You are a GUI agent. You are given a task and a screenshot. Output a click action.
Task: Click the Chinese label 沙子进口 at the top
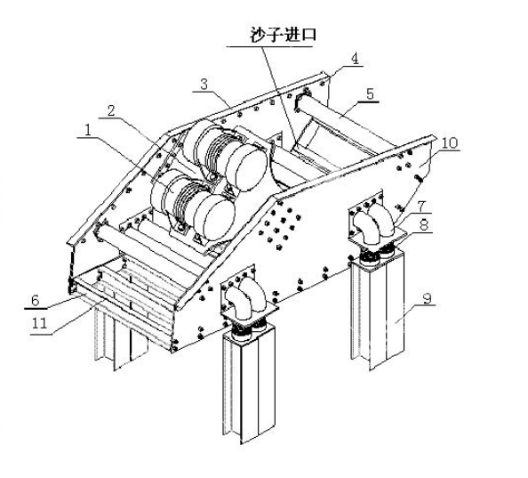284,35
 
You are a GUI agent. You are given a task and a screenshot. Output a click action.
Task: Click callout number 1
88,130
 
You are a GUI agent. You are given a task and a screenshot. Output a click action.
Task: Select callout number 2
111,110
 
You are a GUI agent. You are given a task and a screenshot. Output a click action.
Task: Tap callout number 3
204,84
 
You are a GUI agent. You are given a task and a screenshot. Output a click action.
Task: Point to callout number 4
355,59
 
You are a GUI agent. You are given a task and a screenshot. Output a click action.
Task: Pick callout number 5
370,93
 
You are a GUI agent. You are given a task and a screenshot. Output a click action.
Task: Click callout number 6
36,300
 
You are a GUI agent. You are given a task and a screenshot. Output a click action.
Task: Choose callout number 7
421,206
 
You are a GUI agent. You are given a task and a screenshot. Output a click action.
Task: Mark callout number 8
424,225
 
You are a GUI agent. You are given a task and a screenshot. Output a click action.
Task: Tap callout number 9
427,298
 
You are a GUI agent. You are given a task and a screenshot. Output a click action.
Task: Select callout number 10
450,143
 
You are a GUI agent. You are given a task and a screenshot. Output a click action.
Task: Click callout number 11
39,323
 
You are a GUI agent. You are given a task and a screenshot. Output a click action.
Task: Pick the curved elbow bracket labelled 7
373,223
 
